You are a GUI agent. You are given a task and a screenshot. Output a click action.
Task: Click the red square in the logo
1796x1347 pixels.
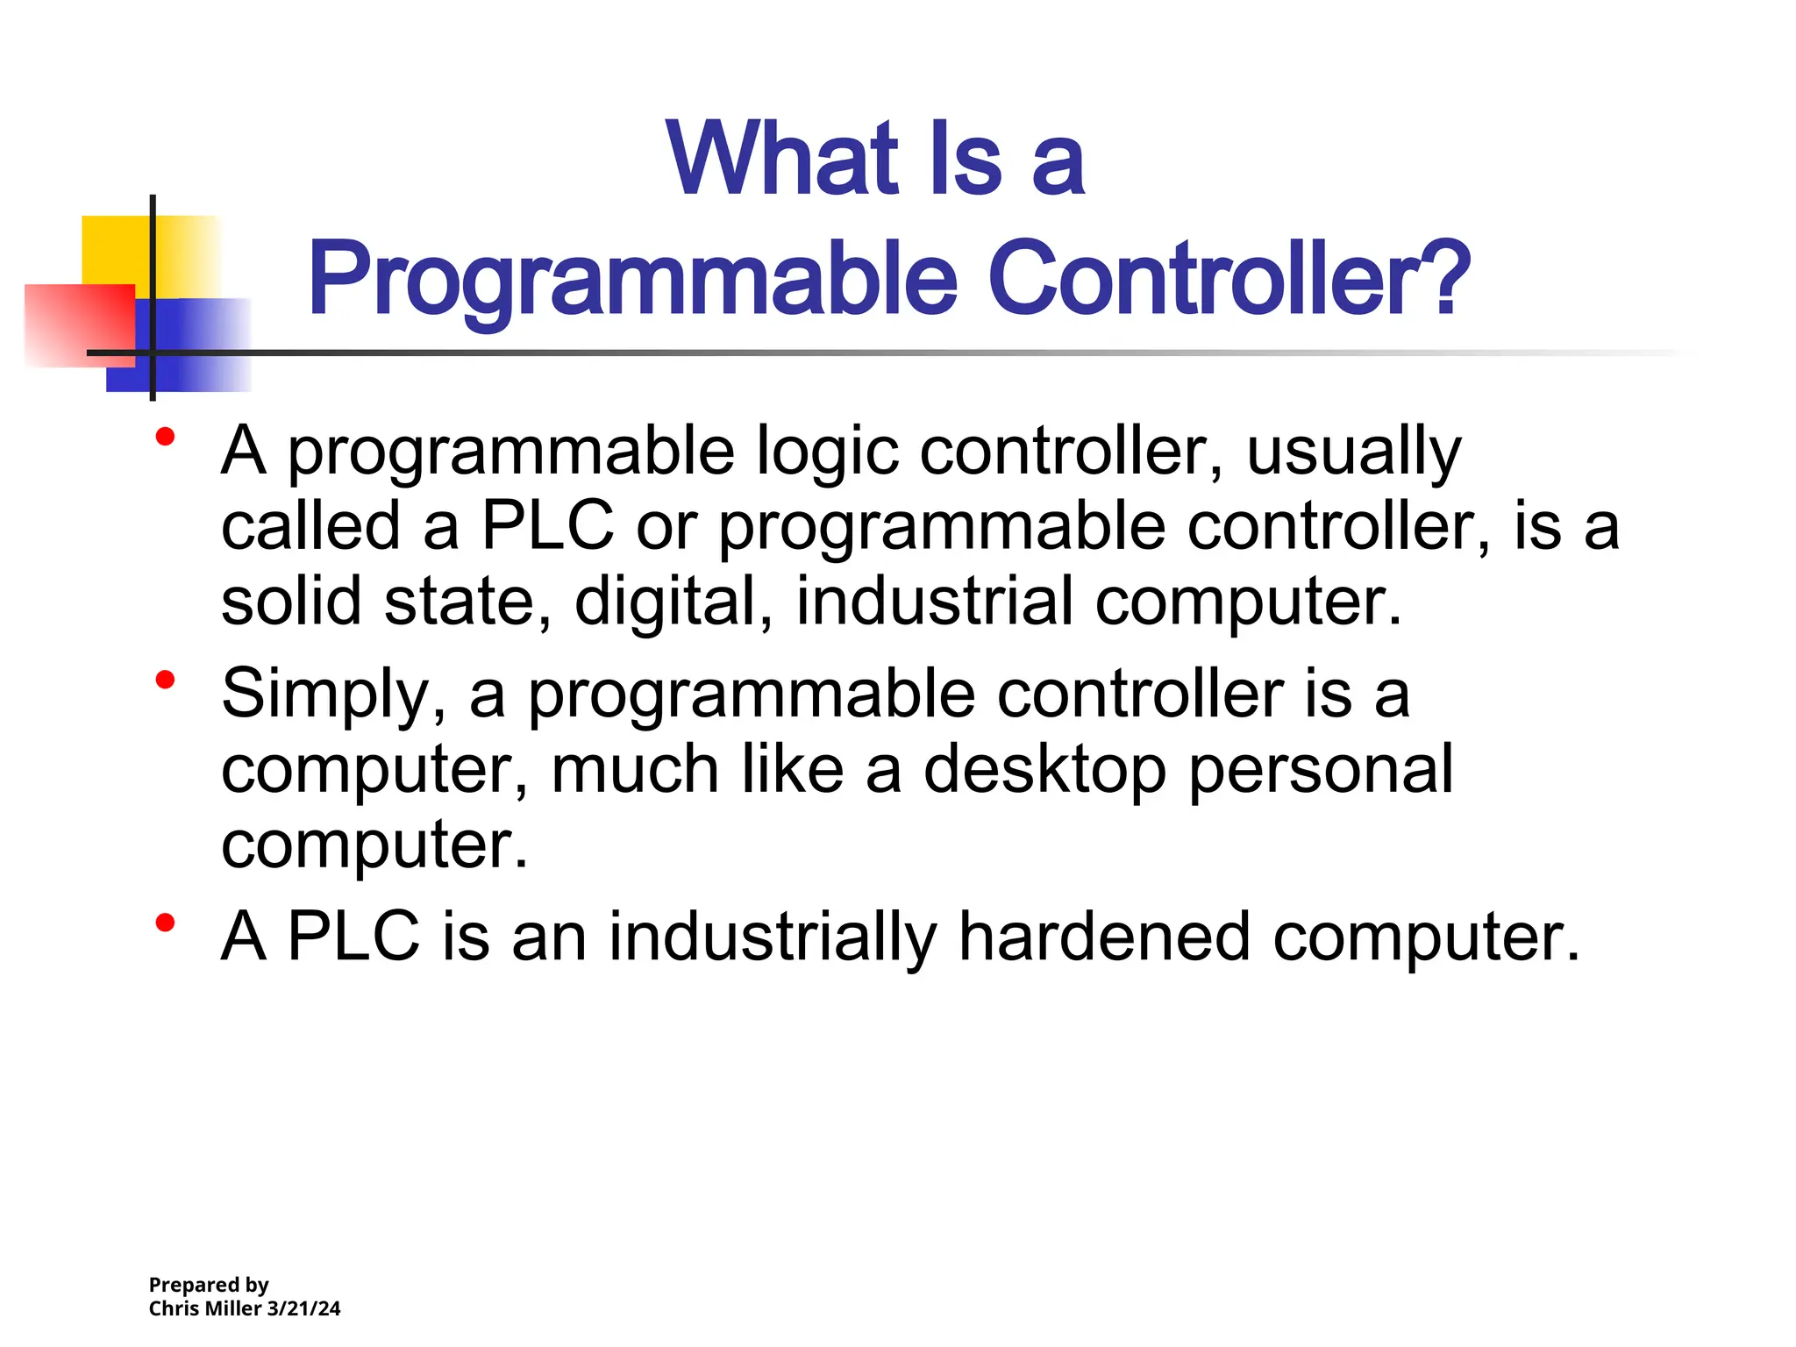tap(79, 324)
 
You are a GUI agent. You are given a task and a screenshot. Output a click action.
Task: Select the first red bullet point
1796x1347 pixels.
tap(165, 437)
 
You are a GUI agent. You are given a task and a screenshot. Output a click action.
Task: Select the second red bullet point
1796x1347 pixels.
tap(165, 679)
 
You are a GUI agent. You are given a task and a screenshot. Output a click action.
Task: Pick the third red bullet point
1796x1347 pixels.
tap(165, 923)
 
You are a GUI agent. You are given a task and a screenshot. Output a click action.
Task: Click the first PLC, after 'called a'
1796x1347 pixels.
tap(548, 526)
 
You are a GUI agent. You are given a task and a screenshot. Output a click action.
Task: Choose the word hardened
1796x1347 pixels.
tap(1104, 937)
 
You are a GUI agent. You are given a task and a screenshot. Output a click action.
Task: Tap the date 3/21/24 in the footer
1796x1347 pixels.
tap(303, 1308)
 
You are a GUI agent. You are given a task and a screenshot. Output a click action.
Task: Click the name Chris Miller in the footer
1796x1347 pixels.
tap(205, 1308)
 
